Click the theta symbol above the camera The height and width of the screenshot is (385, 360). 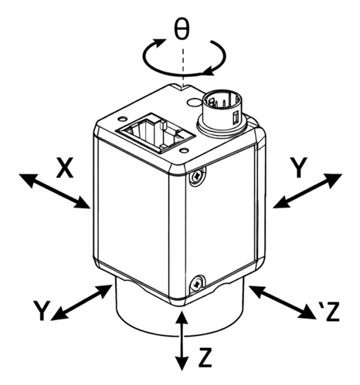point(182,29)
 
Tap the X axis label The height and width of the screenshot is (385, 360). point(65,168)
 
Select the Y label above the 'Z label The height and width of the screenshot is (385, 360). point(298,167)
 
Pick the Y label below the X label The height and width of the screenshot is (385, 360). point(42,310)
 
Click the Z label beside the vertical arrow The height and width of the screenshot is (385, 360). point(205,357)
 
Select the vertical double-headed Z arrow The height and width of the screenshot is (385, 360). point(182,340)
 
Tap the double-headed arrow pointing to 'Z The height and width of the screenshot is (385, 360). point(283,302)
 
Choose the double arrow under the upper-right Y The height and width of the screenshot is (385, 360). point(307,191)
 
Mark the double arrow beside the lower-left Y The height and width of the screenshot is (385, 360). point(82,302)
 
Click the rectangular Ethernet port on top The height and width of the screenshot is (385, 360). point(155,133)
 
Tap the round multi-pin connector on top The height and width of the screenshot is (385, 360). point(222,112)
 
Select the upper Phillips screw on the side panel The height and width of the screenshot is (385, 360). point(198,176)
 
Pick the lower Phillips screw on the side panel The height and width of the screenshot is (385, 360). point(198,284)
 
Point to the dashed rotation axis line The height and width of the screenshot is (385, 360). point(183,67)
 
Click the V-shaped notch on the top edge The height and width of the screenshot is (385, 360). point(182,87)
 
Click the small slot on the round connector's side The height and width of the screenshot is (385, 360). point(235,118)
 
